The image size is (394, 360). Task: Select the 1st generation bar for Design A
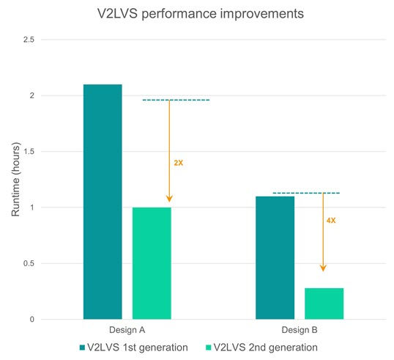[x=103, y=202]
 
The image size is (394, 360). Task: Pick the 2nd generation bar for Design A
[x=152, y=263]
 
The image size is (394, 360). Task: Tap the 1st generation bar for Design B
[x=275, y=257]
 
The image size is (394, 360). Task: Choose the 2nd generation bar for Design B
[x=324, y=304]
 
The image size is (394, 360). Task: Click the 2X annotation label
[x=179, y=162]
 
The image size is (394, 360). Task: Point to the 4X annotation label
[x=330, y=220]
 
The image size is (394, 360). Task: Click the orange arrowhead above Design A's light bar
[x=169, y=197]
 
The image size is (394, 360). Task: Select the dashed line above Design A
[x=176, y=100]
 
